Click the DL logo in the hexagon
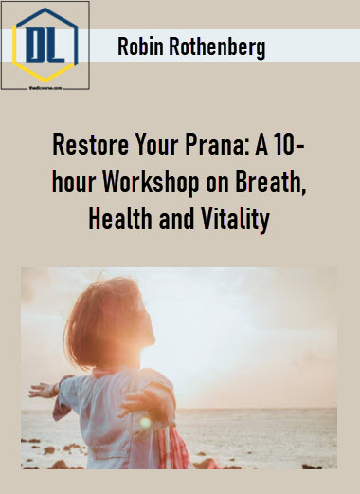[x=45, y=46]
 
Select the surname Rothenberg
[x=217, y=47]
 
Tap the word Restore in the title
[x=90, y=144]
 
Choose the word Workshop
[x=151, y=183]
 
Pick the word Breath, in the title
[x=271, y=182]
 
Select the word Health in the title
[x=120, y=219]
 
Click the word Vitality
[x=235, y=220]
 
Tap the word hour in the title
[x=74, y=182]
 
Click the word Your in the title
[x=156, y=144]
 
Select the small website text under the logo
[x=45, y=88]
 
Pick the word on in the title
[x=218, y=183]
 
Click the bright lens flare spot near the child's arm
[x=145, y=423]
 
